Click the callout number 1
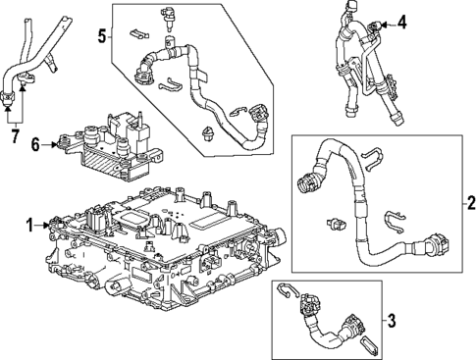pyautogui.click(x=29, y=224)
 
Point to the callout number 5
pyautogui.click(x=101, y=36)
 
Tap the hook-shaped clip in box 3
pyautogui.click(x=287, y=291)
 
